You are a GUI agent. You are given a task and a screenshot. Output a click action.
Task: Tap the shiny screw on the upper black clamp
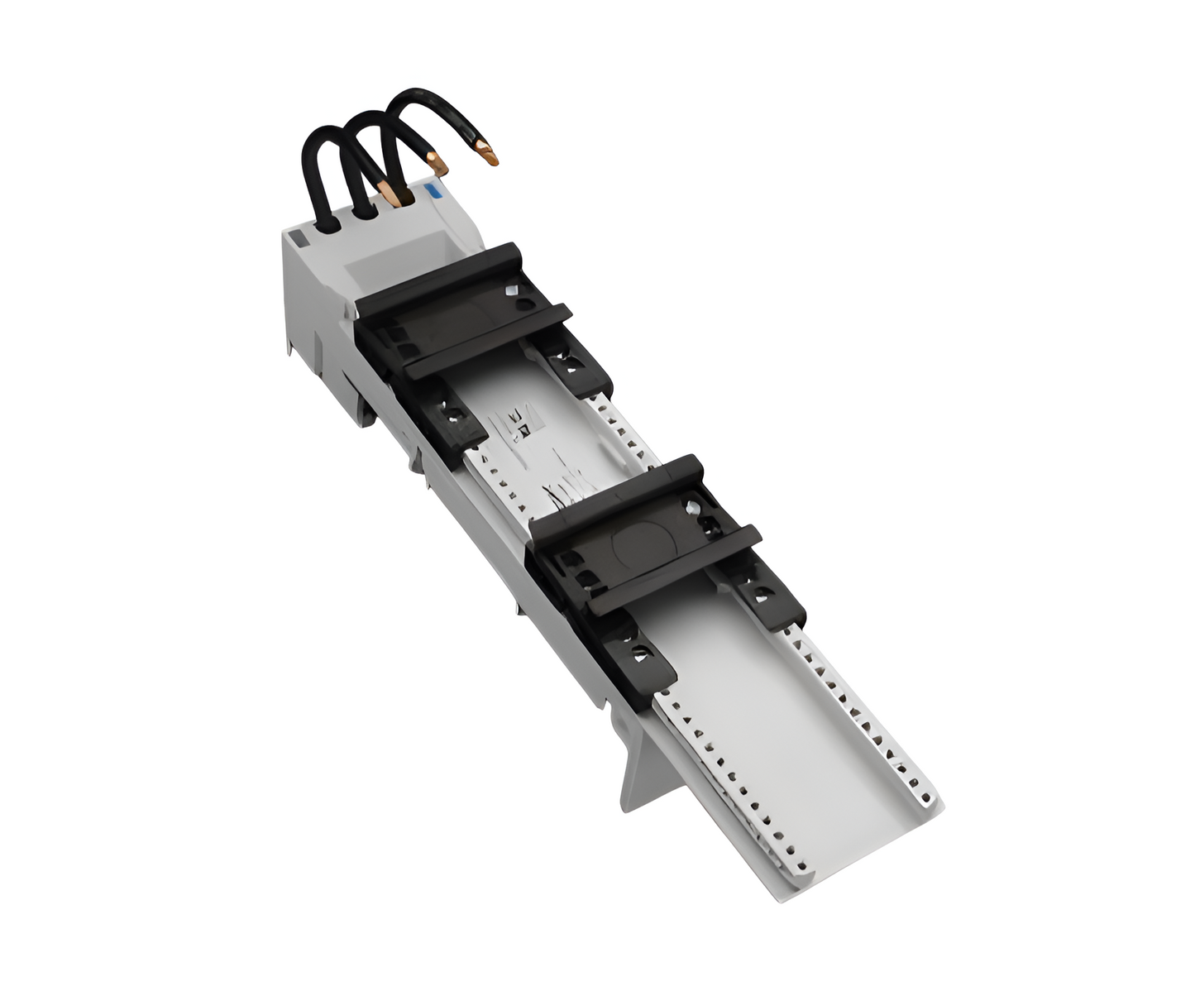513,290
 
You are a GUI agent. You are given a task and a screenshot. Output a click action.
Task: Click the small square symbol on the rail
523,428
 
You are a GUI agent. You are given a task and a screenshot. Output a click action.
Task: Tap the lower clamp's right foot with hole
760,593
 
